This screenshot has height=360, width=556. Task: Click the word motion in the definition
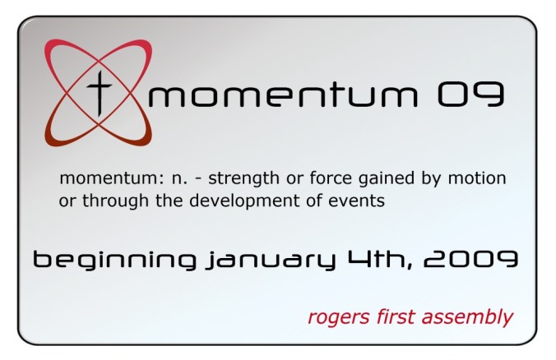click(480, 178)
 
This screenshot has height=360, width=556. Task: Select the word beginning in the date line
click(114, 261)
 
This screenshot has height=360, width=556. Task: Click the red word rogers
click(334, 317)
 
